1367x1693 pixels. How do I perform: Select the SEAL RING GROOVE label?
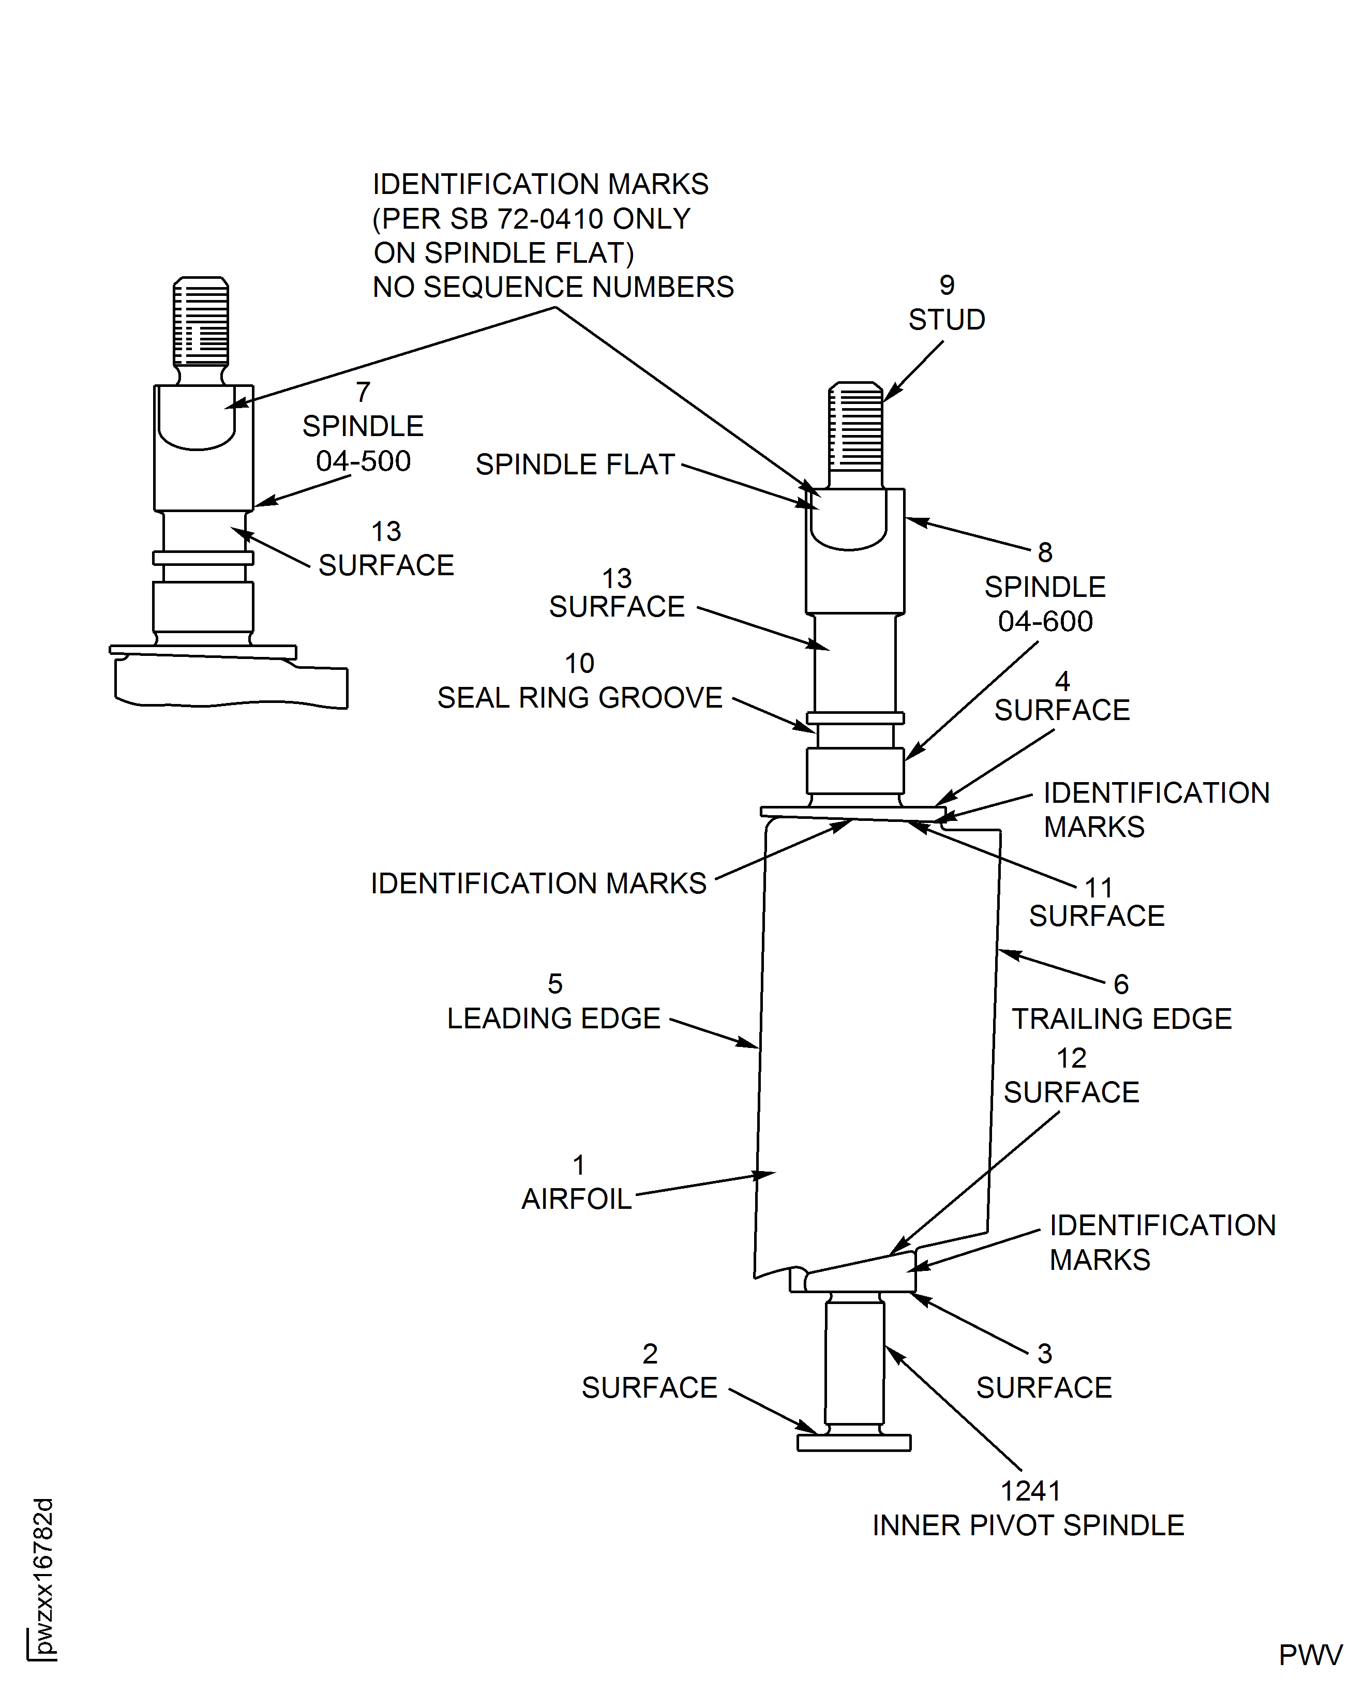coord(580,698)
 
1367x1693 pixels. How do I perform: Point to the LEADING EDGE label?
coord(553,1018)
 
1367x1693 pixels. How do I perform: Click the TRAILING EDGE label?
coord(1121,1019)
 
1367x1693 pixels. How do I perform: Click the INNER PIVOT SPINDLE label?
coord(1028,1525)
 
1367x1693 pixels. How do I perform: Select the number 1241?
coord(1030,1491)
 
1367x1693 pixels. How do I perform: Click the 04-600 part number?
coord(1045,621)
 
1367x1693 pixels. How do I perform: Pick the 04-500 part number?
coord(363,461)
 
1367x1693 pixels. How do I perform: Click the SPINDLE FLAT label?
coord(575,465)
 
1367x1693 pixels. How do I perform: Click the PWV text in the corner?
coord(1310,1655)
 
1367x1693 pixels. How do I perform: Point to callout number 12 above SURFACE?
coord(1071,1057)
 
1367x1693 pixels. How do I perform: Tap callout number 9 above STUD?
coord(947,285)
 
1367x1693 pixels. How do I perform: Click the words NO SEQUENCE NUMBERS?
coord(553,288)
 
